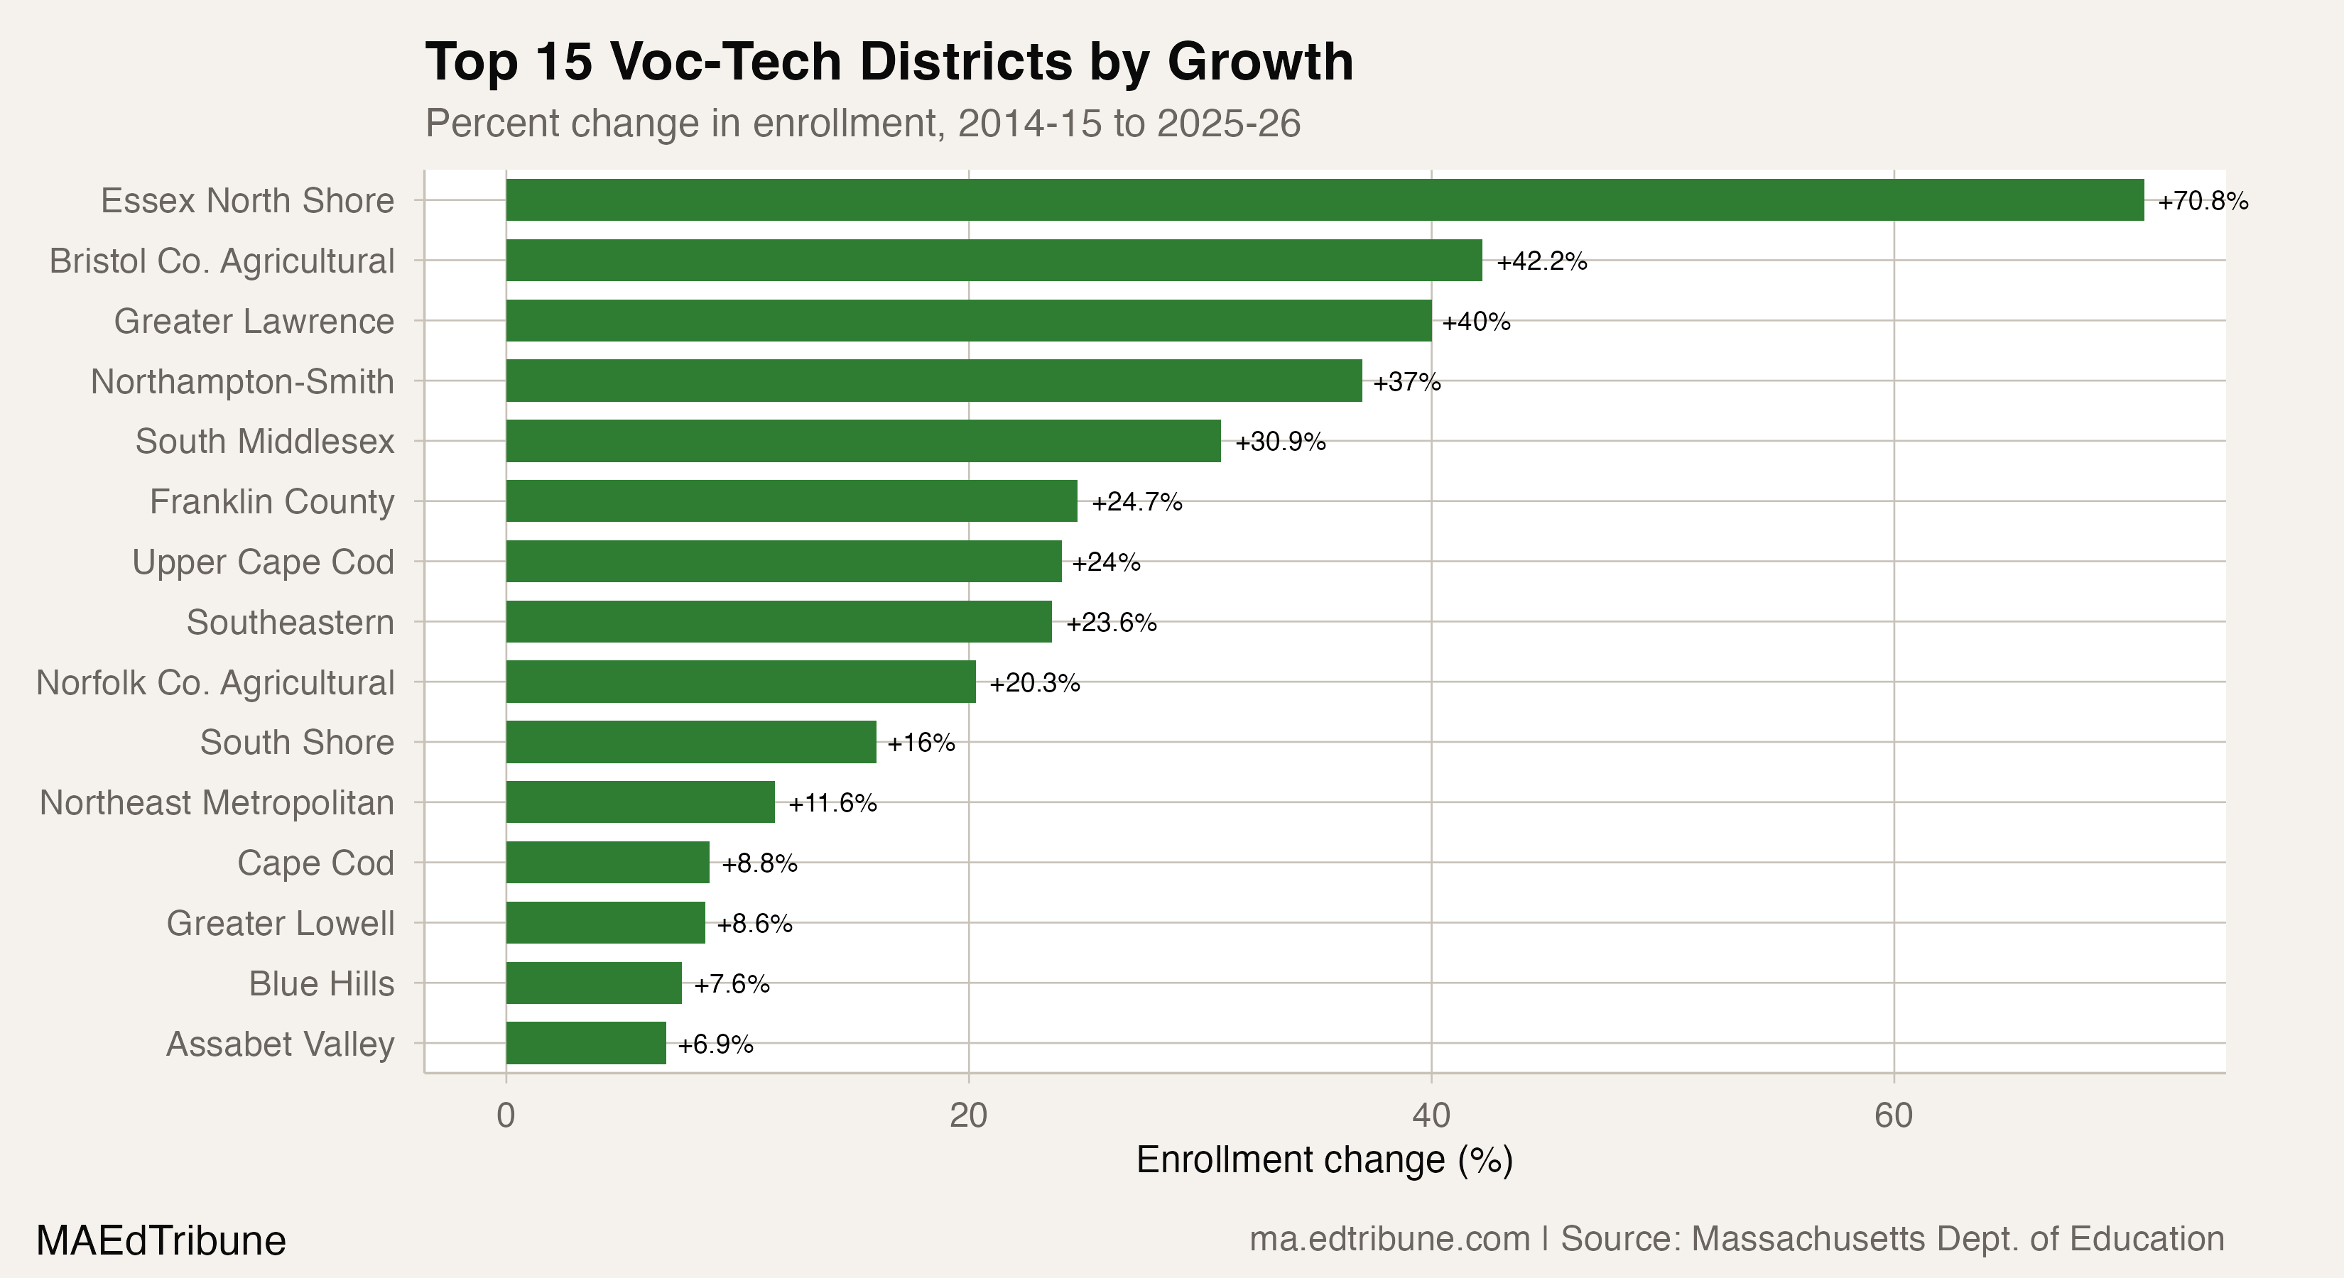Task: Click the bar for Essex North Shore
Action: tap(1324, 200)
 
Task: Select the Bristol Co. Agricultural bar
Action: tap(994, 260)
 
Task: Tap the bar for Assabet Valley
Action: tap(586, 1043)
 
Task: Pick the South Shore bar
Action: tap(690, 742)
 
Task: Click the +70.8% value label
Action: tap(2203, 201)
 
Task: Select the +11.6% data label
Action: tap(832, 803)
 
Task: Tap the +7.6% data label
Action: tap(732, 984)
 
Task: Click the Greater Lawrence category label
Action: tap(254, 321)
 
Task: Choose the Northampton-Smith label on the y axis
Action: tap(242, 381)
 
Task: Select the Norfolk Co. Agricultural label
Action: tap(215, 682)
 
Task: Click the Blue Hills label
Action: tap(321, 983)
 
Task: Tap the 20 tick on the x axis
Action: tap(968, 1115)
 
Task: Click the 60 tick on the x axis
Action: tap(1894, 1115)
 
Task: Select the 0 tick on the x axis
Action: tap(506, 1115)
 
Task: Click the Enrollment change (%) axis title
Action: tap(1324, 1161)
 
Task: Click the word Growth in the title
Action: tap(1260, 62)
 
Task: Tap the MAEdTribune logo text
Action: tap(161, 1240)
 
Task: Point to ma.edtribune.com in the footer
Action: tap(1389, 1239)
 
